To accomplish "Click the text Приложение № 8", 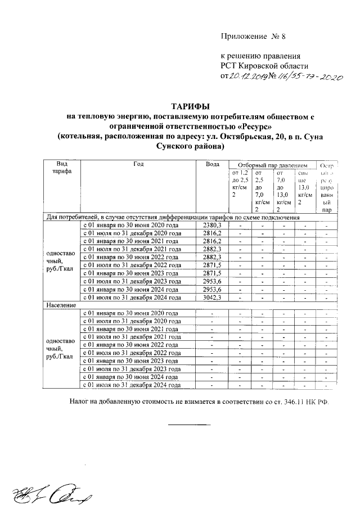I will [x=253, y=37].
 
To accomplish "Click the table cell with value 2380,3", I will [x=212, y=225].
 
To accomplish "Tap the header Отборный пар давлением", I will [x=271, y=165].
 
